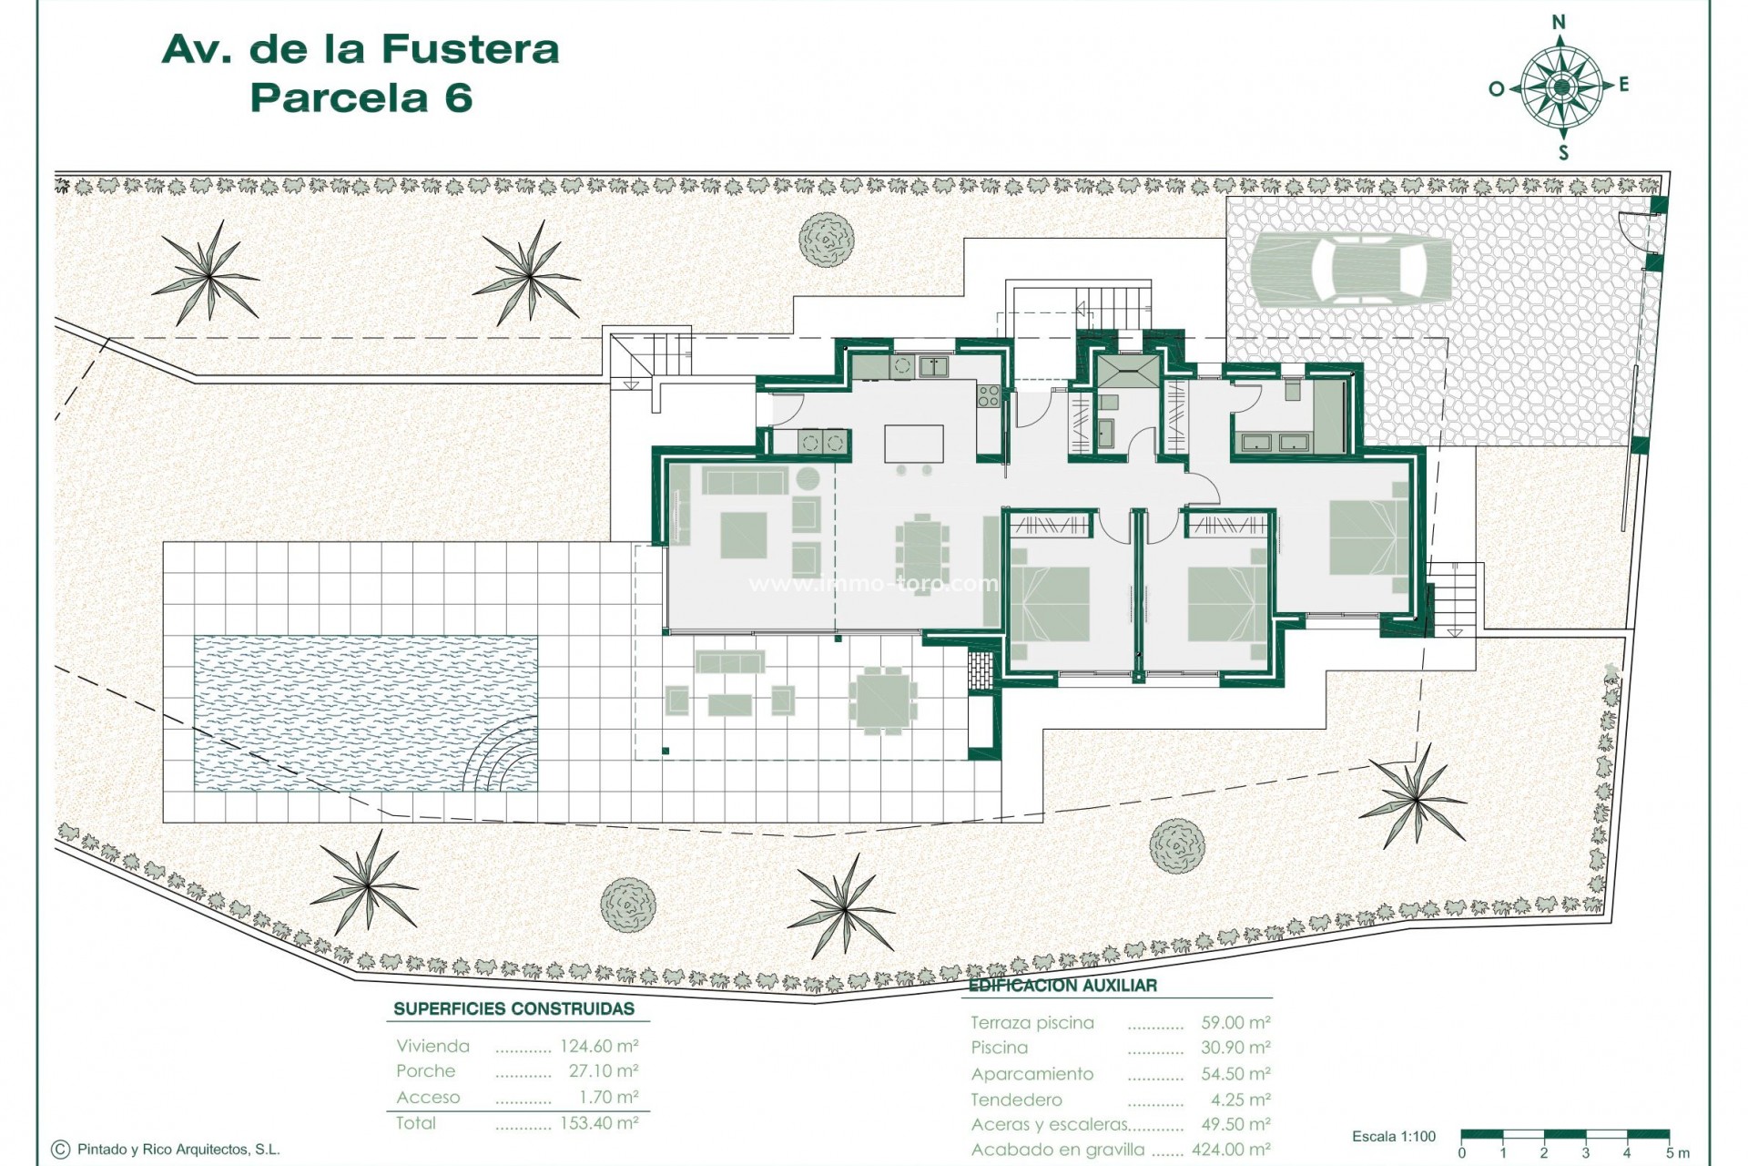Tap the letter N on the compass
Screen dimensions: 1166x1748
point(1560,22)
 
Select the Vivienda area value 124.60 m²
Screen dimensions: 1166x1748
point(599,1046)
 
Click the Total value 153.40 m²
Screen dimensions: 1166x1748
point(599,1123)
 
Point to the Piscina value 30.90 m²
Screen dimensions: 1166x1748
point(1235,1048)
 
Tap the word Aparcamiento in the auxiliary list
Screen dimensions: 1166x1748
point(1032,1074)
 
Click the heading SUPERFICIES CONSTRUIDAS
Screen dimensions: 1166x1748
point(513,1008)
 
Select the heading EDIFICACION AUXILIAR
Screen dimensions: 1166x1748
point(1062,986)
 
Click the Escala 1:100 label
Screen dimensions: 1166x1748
point(1394,1136)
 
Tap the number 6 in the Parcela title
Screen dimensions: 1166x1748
point(459,97)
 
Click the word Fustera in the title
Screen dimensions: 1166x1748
point(470,49)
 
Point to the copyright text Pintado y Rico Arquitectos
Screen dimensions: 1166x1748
point(178,1150)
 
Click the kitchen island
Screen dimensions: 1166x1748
point(914,444)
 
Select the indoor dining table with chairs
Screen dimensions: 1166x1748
point(921,548)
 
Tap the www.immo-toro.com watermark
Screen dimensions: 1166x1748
point(873,583)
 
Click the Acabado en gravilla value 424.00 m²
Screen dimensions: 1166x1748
point(1231,1150)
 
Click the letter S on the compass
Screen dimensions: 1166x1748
point(1563,152)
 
